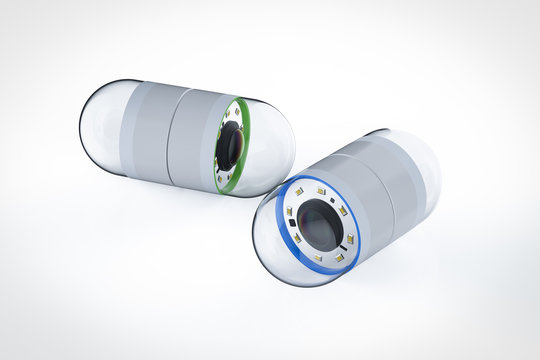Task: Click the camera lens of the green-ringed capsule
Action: coord(229,146)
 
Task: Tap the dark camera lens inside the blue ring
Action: coord(318,224)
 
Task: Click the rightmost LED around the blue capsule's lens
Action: coord(350,238)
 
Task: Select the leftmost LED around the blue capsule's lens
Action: coord(290,212)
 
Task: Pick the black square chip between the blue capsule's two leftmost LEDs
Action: coord(291,223)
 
